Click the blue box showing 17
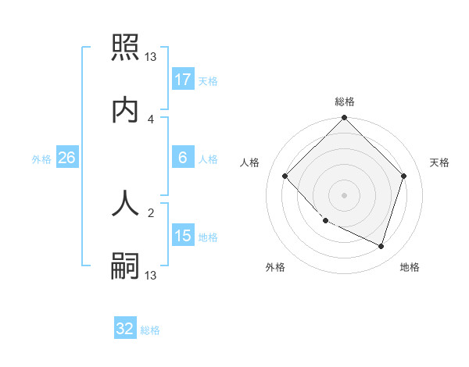[x=183, y=80]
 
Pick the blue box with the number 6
[x=183, y=158]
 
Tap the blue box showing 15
[x=183, y=237]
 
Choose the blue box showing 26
[x=67, y=158]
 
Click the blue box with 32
[x=125, y=330]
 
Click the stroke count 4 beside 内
[x=151, y=119]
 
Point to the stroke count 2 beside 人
[x=151, y=211]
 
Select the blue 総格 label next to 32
[x=150, y=330]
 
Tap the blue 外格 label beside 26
[x=41, y=159]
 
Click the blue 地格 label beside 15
[x=208, y=237]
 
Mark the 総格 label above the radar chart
[x=345, y=102]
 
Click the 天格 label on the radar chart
[x=440, y=162]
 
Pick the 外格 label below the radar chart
[x=275, y=267]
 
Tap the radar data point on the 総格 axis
[x=345, y=119]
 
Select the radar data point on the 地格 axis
[x=381, y=246]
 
